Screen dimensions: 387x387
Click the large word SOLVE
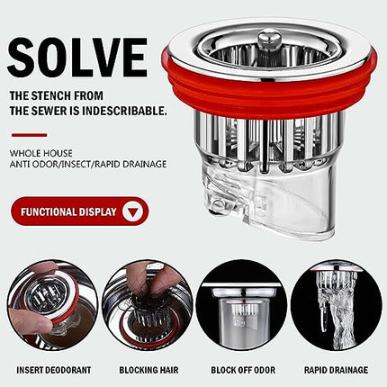point(77,58)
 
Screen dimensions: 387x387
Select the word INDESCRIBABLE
point(124,111)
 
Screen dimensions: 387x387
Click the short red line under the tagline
point(30,135)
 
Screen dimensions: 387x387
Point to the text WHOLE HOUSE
point(41,153)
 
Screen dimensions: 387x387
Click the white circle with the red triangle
point(132,211)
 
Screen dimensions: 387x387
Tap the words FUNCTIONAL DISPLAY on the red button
point(68,212)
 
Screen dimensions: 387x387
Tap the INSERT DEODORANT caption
point(54,370)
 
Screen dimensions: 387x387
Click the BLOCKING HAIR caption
point(148,370)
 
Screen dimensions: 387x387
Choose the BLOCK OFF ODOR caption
point(243,370)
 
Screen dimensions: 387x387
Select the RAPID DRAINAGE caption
point(336,370)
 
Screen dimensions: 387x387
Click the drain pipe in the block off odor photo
point(242,322)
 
